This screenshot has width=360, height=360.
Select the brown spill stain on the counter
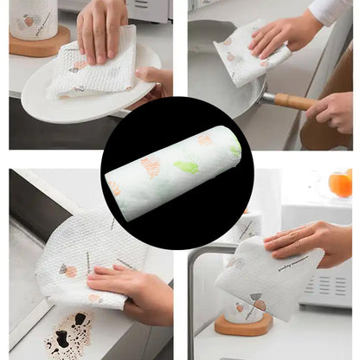pos(69,332)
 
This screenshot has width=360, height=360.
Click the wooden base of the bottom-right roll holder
pos(242,324)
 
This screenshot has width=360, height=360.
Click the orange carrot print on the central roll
pos(151,164)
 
